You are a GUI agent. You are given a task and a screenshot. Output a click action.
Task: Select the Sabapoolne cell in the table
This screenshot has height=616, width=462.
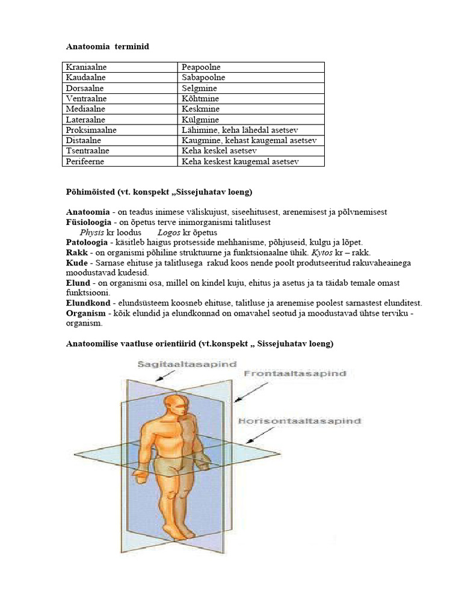coord(203,78)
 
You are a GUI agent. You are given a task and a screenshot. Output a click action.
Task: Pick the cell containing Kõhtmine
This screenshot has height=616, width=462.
coord(200,99)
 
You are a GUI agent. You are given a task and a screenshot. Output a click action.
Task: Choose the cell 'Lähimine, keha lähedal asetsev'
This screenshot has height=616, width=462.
coord(240,130)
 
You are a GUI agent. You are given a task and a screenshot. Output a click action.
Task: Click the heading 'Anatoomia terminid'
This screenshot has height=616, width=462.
coord(107,46)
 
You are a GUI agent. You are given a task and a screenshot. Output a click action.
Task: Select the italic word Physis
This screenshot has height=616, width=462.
coord(92,232)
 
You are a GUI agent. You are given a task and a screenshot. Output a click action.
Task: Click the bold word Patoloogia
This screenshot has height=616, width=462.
coord(86,242)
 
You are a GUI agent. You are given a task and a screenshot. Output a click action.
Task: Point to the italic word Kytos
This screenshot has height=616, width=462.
coord(320,253)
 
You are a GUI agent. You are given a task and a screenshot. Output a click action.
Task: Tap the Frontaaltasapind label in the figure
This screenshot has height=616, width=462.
coord(295,374)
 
